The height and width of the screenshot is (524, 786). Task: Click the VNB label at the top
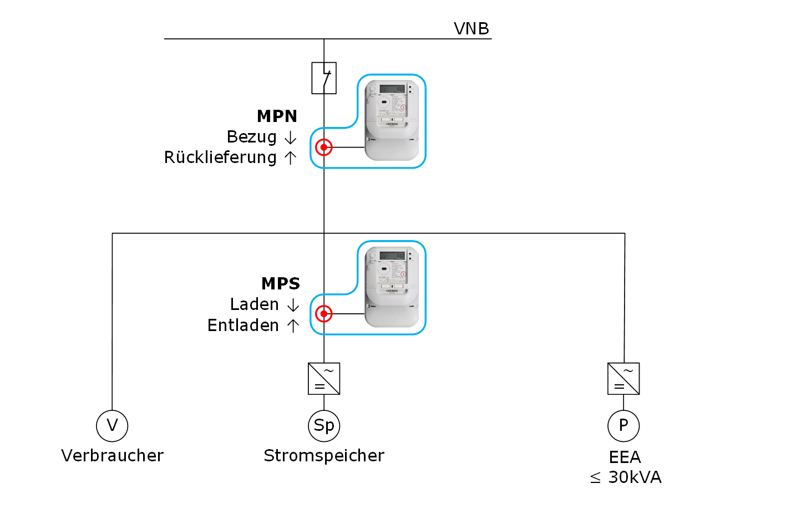click(x=471, y=29)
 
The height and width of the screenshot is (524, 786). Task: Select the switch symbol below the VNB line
click(x=324, y=78)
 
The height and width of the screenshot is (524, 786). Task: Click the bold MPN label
click(x=277, y=116)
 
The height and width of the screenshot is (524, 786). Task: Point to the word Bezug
click(x=251, y=137)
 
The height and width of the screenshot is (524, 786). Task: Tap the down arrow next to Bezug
click(x=291, y=138)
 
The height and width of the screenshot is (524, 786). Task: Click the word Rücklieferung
click(x=220, y=157)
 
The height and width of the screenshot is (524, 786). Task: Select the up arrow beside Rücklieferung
click(x=291, y=158)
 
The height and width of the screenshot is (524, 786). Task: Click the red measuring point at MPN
click(x=324, y=147)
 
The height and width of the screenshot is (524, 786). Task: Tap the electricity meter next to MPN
click(x=392, y=120)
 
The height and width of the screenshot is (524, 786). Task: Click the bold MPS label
click(x=280, y=284)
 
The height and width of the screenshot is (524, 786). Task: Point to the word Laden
click(x=254, y=304)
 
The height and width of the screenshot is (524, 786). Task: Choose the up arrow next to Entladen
click(x=293, y=325)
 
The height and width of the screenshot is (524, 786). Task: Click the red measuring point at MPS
click(x=324, y=314)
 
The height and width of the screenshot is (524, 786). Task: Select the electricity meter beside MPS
click(x=392, y=287)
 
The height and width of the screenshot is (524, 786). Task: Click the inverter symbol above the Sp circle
click(x=324, y=379)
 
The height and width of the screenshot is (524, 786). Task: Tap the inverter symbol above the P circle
click(x=623, y=379)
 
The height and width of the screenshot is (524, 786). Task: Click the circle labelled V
click(x=112, y=426)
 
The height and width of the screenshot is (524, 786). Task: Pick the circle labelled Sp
click(x=324, y=426)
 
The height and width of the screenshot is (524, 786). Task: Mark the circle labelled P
click(x=623, y=426)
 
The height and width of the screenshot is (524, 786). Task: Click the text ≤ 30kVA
click(x=626, y=477)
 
